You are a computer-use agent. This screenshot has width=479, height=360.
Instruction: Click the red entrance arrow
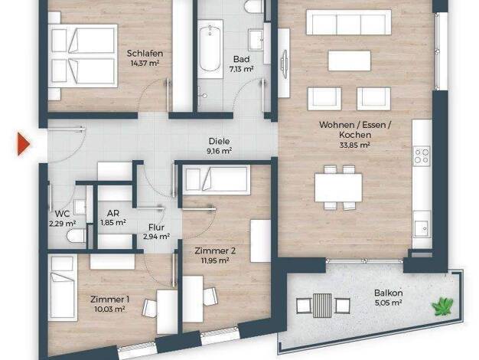24,144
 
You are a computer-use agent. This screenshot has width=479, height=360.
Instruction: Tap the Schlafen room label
145,54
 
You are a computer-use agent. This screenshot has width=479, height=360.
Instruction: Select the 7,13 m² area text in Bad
241,69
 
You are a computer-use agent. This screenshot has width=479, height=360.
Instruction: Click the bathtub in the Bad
210,49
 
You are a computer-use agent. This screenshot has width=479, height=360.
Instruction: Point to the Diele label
219,141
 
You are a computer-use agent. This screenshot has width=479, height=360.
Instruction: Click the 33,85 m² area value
355,145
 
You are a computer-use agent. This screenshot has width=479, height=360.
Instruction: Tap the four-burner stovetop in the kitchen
422,155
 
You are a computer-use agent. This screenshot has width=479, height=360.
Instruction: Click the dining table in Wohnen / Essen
338,188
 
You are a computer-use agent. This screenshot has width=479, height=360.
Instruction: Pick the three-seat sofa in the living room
349,22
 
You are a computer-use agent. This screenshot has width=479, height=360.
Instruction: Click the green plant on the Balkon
442,306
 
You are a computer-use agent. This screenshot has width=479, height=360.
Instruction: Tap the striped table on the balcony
322,306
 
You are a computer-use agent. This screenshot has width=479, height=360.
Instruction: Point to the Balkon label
388,293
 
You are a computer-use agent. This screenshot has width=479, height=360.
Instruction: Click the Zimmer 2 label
215,251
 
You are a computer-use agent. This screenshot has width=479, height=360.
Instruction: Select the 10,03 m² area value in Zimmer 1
109,309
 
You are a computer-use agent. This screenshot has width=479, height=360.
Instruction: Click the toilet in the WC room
76,236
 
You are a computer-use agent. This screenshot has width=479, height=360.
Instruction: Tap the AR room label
113,213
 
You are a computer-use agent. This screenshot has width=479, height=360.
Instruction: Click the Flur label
156,227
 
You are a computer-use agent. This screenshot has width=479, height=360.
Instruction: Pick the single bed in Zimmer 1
63,287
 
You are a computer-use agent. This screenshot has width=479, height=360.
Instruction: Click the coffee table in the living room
350,61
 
